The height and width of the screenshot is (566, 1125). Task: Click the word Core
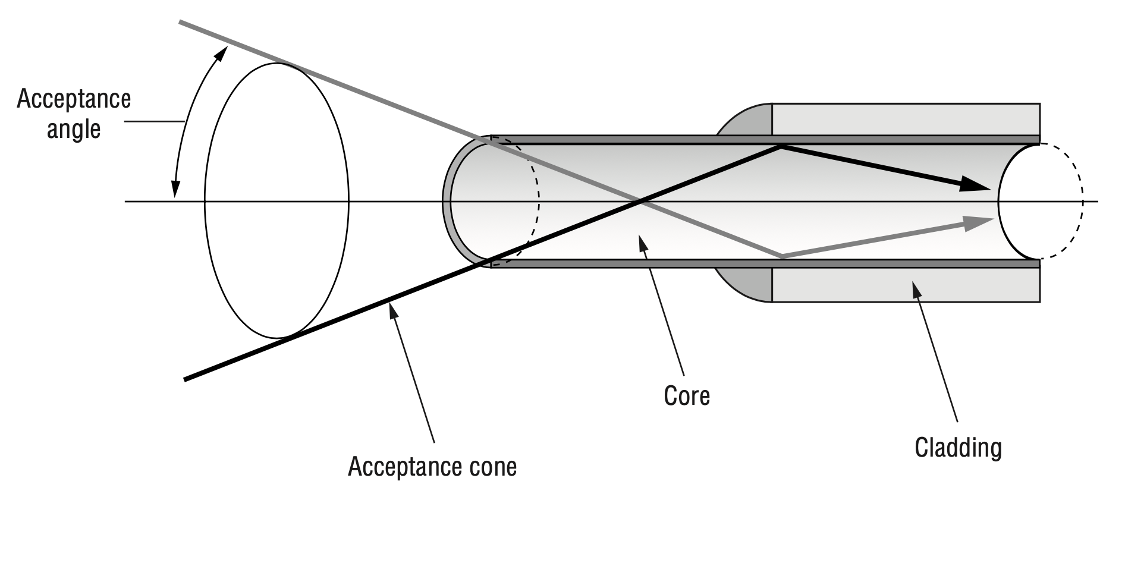[687, 396]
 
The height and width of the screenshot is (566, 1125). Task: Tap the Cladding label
[958, 447]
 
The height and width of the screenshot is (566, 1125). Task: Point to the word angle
[74, 130]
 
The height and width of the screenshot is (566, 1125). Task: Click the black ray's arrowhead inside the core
[975, 184]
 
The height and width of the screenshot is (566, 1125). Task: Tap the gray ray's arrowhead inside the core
[978, 222]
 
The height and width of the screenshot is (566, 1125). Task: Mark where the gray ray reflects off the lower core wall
[781, 256]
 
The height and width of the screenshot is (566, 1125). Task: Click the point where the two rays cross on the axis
[640, 202]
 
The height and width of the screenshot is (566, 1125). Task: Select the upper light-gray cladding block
[906, 120]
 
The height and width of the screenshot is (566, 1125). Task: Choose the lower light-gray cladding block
[906, 285]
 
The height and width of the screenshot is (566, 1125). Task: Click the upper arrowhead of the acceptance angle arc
[221, 53]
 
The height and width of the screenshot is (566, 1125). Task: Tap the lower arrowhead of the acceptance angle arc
[175, 188]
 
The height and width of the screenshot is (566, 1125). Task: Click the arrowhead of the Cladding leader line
[915, 290]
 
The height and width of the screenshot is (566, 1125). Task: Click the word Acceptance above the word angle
[74, 99]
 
